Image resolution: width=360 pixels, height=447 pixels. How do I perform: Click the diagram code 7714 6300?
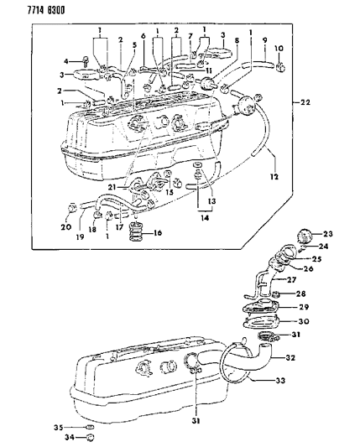pos(31,8)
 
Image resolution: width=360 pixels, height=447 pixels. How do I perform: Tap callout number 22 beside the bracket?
pos(305,102)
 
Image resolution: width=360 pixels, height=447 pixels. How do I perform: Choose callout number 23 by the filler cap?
pos(327,234)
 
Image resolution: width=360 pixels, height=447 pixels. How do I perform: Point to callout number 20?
pos(65,226)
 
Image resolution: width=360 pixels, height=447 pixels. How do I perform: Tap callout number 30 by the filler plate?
pos(327,320)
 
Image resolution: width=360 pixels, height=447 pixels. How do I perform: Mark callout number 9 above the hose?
pos(265,39)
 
